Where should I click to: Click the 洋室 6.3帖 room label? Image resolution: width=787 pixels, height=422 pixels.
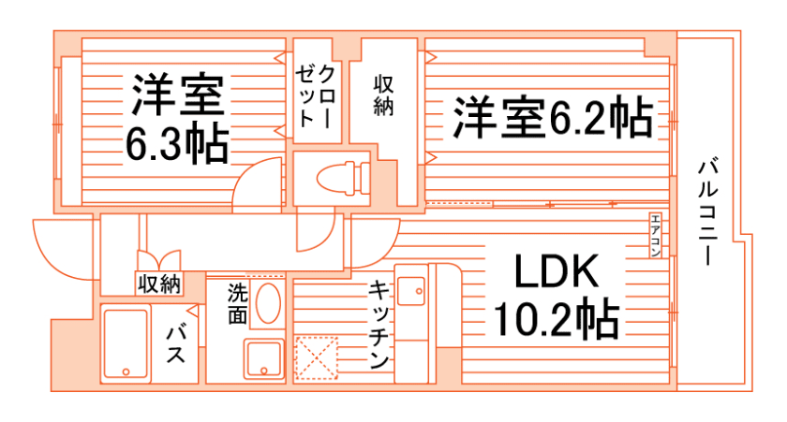(x=178, y=116)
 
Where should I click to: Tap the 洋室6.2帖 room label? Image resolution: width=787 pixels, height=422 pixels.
(x=554, y=119)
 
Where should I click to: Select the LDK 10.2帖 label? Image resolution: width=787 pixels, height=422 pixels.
(x=555, y=296)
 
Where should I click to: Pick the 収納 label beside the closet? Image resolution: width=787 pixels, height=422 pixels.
(x=382, y=95)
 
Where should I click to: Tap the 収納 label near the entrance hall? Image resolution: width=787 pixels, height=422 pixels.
(x=157, y=284)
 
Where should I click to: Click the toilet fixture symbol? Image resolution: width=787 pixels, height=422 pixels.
(x=337, y=178)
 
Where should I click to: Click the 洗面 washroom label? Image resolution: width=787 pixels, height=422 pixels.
(x=237, y=304)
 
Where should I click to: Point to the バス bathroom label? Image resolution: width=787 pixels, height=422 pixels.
(x=178, y=344)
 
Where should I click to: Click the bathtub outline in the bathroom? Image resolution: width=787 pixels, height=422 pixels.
(x=125, y=343)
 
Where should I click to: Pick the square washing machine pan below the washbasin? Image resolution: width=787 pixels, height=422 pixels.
(x=264, y=359)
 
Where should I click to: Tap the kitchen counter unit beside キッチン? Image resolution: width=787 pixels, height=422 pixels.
(x=412, y=323)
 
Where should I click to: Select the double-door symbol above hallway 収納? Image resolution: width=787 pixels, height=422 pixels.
(x=157, y=260)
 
